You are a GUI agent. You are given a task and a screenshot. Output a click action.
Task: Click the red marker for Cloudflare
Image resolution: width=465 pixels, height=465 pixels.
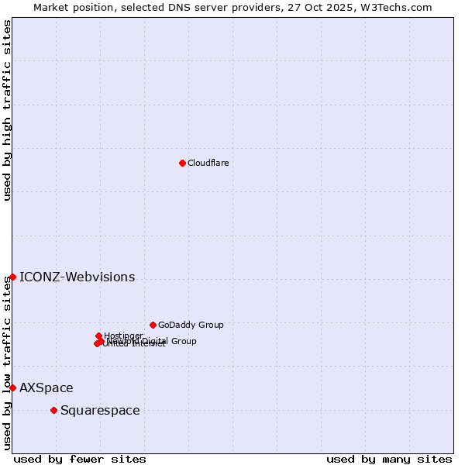click(x=182, y=163)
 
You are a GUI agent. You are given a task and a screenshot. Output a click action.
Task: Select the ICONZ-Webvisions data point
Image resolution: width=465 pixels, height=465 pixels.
click(x=12, y=277)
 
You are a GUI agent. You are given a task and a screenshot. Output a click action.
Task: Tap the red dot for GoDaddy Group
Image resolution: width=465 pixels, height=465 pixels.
click(x=153, y=325)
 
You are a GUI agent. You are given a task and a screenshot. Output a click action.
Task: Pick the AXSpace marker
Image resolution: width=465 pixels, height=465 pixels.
click(x=12, y=387)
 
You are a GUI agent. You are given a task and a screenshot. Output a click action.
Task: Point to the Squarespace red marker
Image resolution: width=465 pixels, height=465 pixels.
click(x=53, y=410)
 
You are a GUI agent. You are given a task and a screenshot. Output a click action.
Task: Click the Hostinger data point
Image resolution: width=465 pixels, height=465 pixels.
click(x=98, y=336)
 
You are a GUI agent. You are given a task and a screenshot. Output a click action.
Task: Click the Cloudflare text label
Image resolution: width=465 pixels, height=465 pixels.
click(x=208, y=163)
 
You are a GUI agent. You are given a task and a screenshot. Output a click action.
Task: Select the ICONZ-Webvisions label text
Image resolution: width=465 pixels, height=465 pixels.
click(x=77, y=277)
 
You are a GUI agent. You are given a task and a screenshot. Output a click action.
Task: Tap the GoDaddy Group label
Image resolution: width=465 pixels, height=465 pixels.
click(x=191, y=325)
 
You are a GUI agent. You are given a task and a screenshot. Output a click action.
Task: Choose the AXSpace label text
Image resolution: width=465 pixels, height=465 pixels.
click(x=46, y=387)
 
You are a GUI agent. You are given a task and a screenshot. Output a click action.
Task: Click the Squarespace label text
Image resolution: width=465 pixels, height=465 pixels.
click(x=100, y=410)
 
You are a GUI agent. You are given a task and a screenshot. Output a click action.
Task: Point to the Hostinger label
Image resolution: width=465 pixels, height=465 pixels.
click(x=124, y=336)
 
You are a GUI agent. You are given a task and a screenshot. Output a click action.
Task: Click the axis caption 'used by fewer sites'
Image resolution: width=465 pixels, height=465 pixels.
click(x=80, y=459)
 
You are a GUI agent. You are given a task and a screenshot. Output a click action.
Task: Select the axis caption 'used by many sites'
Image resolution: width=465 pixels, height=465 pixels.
click(x=389, y=459)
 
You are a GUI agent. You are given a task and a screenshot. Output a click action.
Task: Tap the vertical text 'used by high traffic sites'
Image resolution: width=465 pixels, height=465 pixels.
click(x=7, y=110)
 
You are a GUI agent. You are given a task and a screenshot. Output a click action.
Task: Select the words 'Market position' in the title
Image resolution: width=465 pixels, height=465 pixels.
click(x=67, y=7)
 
